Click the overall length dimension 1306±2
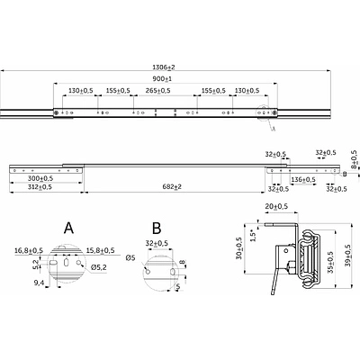click(164, 67)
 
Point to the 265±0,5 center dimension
click(157, 90)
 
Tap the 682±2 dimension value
click(172, 186)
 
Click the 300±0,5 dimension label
click(40, 178)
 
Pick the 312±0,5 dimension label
click(40, 186)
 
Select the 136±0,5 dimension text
click(303, 179)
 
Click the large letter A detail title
click(68, 229)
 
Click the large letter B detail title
click(157, 229)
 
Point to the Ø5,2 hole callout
click(98, 266)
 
